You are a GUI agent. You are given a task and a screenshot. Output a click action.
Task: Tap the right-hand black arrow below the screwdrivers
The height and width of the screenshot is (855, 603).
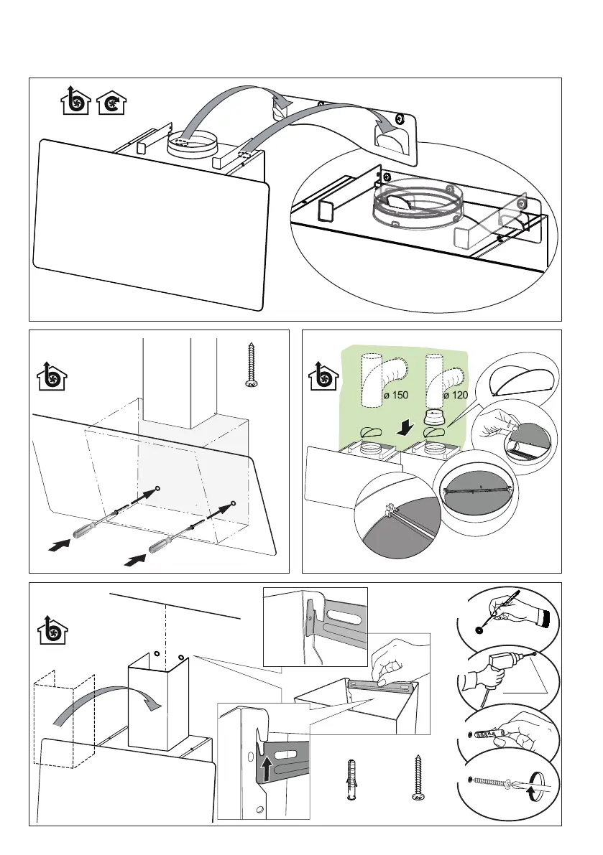(x=133, y=558)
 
